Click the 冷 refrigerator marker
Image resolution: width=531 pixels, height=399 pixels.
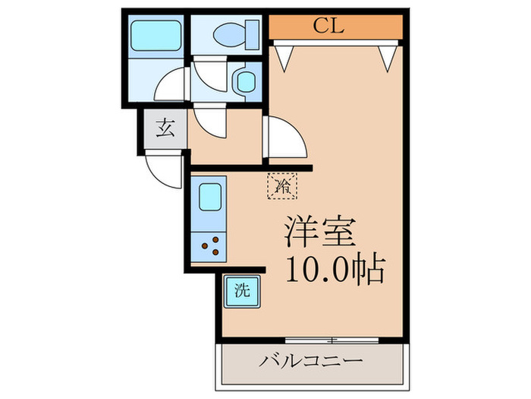pyautogui.click(x=282, y=185)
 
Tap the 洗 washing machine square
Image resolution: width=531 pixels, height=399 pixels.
pyautogui.click(x=241, y=289)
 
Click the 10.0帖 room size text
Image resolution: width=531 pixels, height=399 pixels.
pyautogui.click(x=334, y=269)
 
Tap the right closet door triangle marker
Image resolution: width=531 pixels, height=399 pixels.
pyautogui.click(x=388, y=55)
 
